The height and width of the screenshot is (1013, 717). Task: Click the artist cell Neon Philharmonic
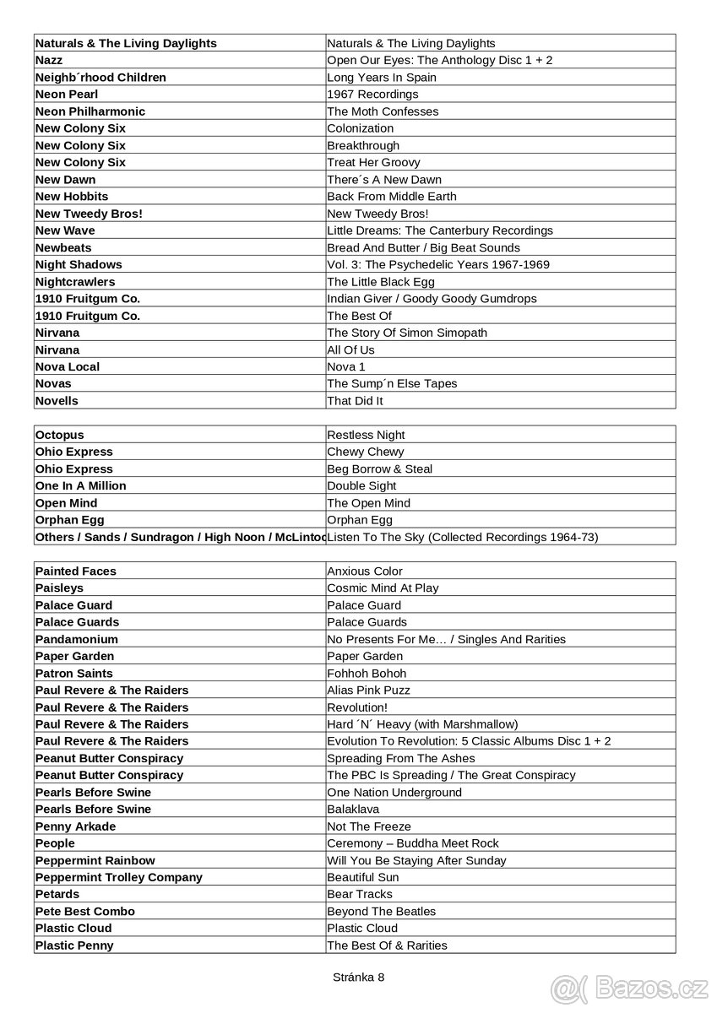tap(90, 111)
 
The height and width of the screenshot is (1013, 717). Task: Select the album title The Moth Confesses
tap(383, 111)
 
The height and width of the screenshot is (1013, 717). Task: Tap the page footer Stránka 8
tap(358, 977)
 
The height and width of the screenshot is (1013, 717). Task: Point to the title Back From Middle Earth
tap(392, 197)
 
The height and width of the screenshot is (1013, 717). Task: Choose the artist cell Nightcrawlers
tap(75, 282)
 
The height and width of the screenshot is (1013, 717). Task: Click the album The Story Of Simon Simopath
tap(407, 333)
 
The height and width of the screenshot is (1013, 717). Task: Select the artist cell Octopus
tap(60, 435)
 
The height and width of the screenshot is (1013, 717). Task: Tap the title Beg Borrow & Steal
tap(380, 469)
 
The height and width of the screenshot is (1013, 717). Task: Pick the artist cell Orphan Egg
tap(70, 520)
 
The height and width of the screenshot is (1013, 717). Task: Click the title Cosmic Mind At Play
tap(383, 588)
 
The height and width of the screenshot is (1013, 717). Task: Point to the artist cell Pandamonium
tap(77, 639)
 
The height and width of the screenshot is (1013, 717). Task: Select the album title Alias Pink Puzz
tap(368, 691)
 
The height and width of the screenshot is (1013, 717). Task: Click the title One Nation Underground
tap(394, 793)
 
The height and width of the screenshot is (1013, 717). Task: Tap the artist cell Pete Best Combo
tap(85, 912)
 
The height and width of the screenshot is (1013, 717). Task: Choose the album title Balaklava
tap(353, 810)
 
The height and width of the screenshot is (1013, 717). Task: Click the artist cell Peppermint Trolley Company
tap(119, 877)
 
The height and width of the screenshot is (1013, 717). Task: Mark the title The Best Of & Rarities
tap(387, 945)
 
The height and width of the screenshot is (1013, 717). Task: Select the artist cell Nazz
tap(49, 60)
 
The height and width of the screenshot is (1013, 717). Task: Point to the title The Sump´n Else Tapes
tap(392, 384)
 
